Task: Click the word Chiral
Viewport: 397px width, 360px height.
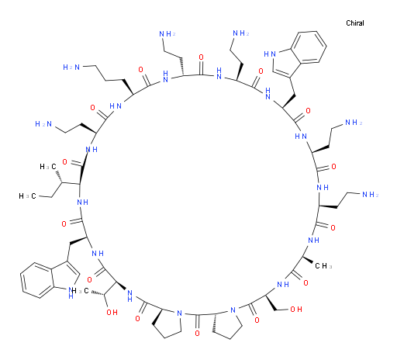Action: coord(355,23)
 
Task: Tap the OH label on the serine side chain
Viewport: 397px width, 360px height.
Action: coord(296,309)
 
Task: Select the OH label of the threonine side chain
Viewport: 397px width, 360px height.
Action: coord(112,312)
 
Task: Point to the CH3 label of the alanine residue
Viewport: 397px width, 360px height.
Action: coord(323,266)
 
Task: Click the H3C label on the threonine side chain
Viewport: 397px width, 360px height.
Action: coord(81,291)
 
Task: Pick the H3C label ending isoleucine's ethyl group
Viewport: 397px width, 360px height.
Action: coord(27,196)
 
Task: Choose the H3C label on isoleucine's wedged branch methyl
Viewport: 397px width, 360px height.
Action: coord(48,167)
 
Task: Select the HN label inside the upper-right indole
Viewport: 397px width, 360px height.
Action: coord(270,54)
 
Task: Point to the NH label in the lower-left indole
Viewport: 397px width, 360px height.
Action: coord(71,293)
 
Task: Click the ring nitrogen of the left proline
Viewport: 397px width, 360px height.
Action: coord(179,313)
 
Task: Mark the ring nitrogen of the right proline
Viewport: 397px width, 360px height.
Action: coord(233,310)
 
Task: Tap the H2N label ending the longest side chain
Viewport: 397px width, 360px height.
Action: coord(71,67)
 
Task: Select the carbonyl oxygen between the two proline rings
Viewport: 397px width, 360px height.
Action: coord(197,333)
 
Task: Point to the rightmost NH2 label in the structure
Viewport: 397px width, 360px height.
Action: coord(371,194)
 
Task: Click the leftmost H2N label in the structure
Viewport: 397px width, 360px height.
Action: coord(43,124)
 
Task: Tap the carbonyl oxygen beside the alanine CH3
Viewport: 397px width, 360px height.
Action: coord(306,282)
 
